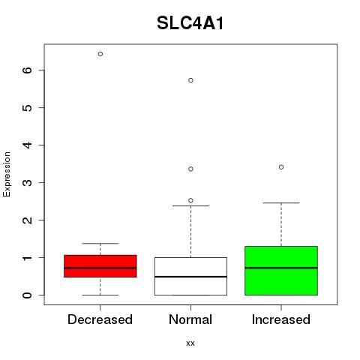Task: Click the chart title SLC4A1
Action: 190,23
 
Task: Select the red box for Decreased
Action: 100,266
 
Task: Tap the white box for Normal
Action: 190,276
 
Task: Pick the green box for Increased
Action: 281,271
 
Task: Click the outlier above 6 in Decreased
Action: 100,54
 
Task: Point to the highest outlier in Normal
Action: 190,80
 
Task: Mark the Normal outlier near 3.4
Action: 190,169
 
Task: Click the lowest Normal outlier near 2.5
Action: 190,200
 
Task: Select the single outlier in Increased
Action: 281,167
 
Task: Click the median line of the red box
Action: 100,268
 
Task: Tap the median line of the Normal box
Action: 190,277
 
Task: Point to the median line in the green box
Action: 281,268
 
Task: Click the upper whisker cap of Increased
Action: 281,202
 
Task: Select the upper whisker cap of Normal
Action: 190,205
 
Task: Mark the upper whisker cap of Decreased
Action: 100,243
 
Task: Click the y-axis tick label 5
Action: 27,108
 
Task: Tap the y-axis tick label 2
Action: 27,220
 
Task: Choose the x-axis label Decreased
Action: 100,319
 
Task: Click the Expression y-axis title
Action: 7,174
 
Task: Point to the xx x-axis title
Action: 190,343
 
